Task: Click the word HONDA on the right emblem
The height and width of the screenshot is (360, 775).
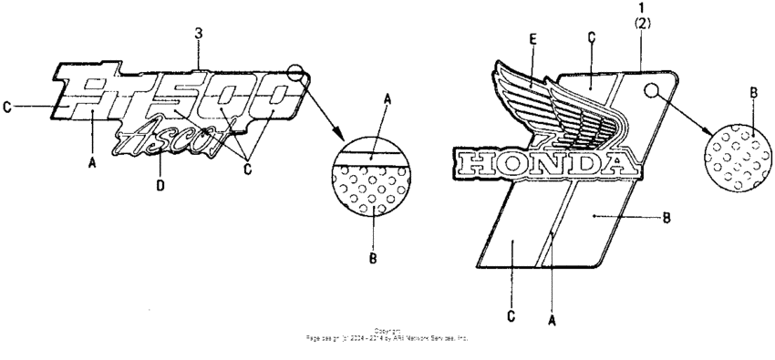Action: click(x=540, y=164)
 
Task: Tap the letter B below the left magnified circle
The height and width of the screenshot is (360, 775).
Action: click(x=372, y=259)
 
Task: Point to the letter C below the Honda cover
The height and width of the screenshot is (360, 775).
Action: click(x=510, y=315)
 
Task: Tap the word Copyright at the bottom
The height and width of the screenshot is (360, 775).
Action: click(x=387, y=331)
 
